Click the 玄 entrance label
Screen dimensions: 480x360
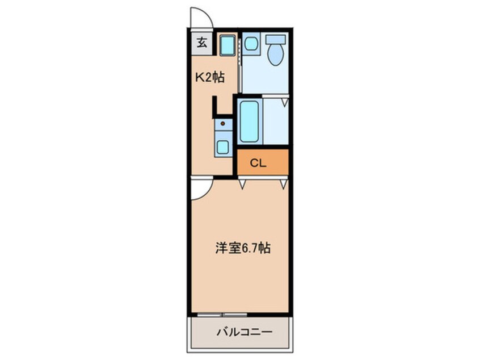tap(202, 43)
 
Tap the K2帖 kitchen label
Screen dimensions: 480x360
tap(210, 77)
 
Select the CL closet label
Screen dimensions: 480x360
tap(258, 164)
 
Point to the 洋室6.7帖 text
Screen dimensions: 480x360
tap(243, 248)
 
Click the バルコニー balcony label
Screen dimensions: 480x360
tap(245, 332)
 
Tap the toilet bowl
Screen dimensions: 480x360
tap(276, 55)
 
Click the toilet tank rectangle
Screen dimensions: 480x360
tap(276, 39)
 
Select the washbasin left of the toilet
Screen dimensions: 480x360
tap(251, 44)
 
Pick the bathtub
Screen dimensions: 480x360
tap(250, 122)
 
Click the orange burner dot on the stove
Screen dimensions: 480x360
tap(223, 123)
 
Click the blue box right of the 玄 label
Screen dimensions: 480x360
tap(228, 46)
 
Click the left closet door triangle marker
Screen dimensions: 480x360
tap(242, 185)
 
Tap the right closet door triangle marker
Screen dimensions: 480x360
tap(284, 184)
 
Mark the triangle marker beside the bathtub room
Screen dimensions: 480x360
tap(285, 102)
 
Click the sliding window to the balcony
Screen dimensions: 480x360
tap(222, 315)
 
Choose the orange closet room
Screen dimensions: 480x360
tap(263, 162)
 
